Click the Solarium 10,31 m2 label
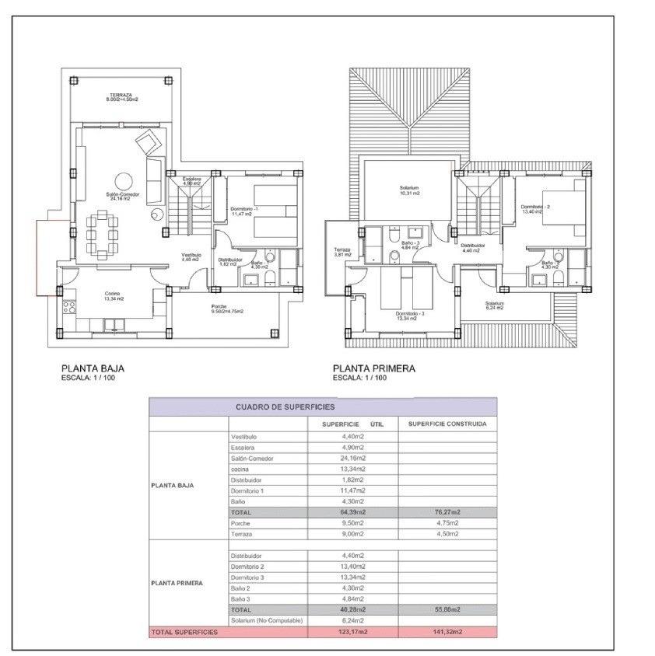(410, 190)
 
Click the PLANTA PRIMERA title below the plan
(373, 369)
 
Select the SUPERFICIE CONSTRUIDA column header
(447, 424)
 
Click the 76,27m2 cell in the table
(447, 513)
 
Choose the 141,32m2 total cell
(447, 633)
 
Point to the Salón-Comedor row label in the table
(253, 459)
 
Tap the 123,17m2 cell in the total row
(353, 633)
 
